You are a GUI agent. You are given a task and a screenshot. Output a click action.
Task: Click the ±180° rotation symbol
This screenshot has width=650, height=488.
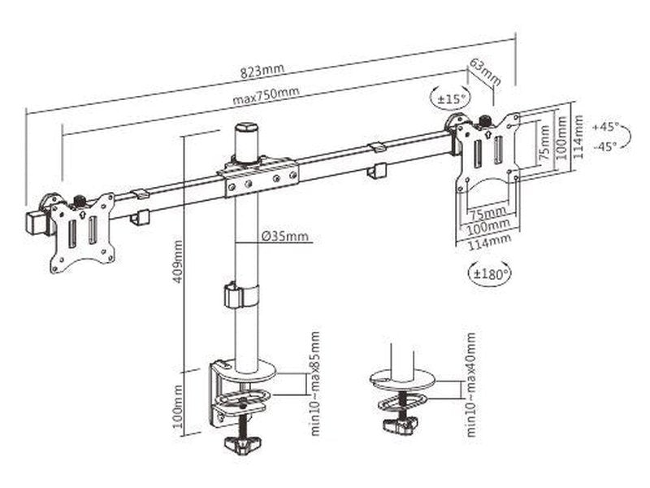(491, 273)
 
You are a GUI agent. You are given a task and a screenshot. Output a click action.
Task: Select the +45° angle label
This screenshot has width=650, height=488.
(605, 128)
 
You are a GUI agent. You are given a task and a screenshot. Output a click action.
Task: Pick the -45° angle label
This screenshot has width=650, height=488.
(605, 146)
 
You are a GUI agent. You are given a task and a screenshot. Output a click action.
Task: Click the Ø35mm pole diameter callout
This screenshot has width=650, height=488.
(284, 237)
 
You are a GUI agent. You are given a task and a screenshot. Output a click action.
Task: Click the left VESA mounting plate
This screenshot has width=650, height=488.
(82, 232)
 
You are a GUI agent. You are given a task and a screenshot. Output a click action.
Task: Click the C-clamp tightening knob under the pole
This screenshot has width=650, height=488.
(242, 442)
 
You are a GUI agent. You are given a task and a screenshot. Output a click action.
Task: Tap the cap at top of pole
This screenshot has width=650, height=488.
(245, 137)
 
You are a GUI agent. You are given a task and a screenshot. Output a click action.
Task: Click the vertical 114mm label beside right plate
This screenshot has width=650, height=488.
(578, 137)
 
